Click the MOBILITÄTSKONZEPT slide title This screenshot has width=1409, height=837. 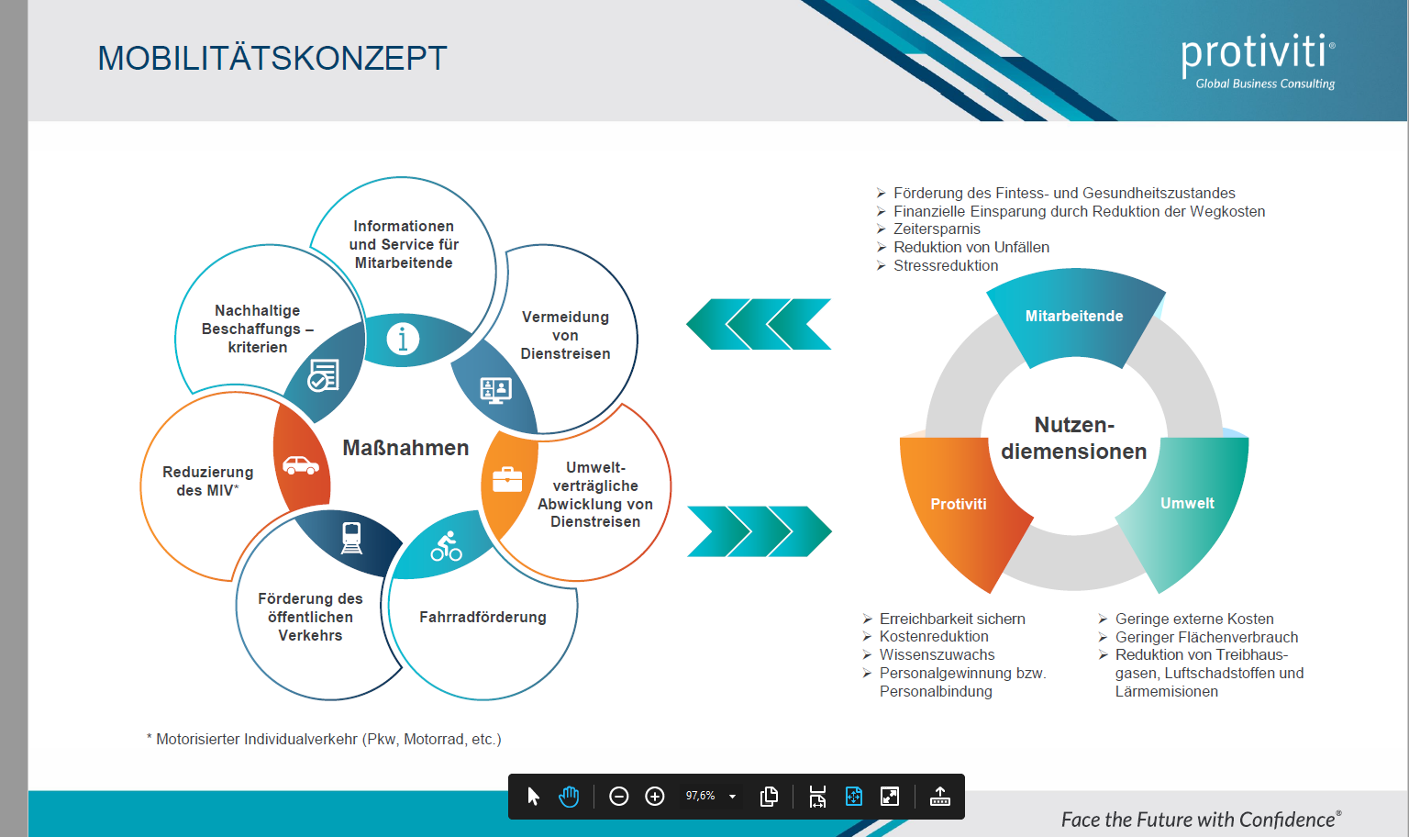pos(272,58)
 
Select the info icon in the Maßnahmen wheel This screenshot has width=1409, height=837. pos(403,339)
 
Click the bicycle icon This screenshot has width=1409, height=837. pos(446,546)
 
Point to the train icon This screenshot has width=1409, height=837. pos(351,538)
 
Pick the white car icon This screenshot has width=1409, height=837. pos(301,465)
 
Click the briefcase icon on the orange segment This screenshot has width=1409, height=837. pos(507,480)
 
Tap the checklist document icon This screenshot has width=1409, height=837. pos(323,375)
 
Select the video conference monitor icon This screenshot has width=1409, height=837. pos(495,390)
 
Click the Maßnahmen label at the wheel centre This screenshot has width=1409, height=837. pos(405,448)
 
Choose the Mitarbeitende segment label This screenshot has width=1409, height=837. pos(1074,316)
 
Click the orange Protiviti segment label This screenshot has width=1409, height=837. pos(959,504)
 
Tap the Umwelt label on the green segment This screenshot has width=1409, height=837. pos(1188,504)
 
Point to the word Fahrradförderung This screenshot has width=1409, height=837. pos(483,617)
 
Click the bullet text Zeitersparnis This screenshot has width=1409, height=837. pos(937,229)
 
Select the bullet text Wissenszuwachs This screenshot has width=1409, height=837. pos(937,654)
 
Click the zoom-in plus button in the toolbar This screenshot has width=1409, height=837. pos(655,797)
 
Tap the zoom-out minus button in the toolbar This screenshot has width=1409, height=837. pos(619,797)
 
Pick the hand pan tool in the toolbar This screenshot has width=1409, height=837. pos(569,797)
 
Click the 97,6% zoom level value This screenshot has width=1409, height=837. pos(700,796)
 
